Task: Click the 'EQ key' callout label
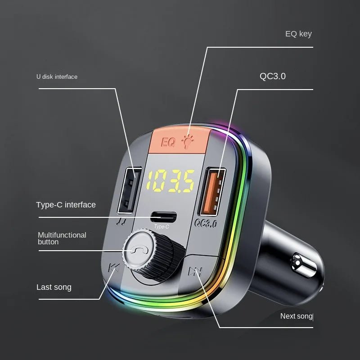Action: (298, 34)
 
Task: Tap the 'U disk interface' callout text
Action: (57, 76)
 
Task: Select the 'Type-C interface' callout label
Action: (66, 205)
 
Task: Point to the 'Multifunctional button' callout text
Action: (62, 238)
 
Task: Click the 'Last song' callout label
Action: (54, 287)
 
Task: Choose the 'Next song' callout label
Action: (297, 316)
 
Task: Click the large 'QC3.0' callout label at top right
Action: (273, 76)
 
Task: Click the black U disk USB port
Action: (129, 190)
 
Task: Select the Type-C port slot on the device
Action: (163, 217)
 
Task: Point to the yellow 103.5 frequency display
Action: (171, 181)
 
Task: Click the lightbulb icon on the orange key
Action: (188, 142)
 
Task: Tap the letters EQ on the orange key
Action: (168, 142)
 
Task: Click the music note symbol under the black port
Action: (121, 221)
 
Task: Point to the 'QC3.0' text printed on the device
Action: (206, 223)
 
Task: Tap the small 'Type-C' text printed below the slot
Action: (162, 227)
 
